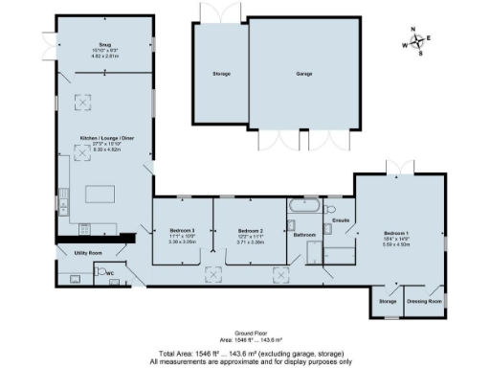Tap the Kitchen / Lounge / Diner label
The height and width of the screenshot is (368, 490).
point(102,141)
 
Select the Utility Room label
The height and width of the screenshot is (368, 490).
point(88,253)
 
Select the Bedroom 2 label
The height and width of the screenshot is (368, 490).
point(249,231)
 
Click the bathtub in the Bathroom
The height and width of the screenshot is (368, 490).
point(304,207)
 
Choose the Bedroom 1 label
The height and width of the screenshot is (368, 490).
point(396,233)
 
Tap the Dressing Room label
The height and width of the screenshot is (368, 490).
point(424,302)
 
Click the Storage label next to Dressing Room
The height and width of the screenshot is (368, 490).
point(387,302)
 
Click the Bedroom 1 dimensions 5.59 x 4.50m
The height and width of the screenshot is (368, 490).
point(396,244)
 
